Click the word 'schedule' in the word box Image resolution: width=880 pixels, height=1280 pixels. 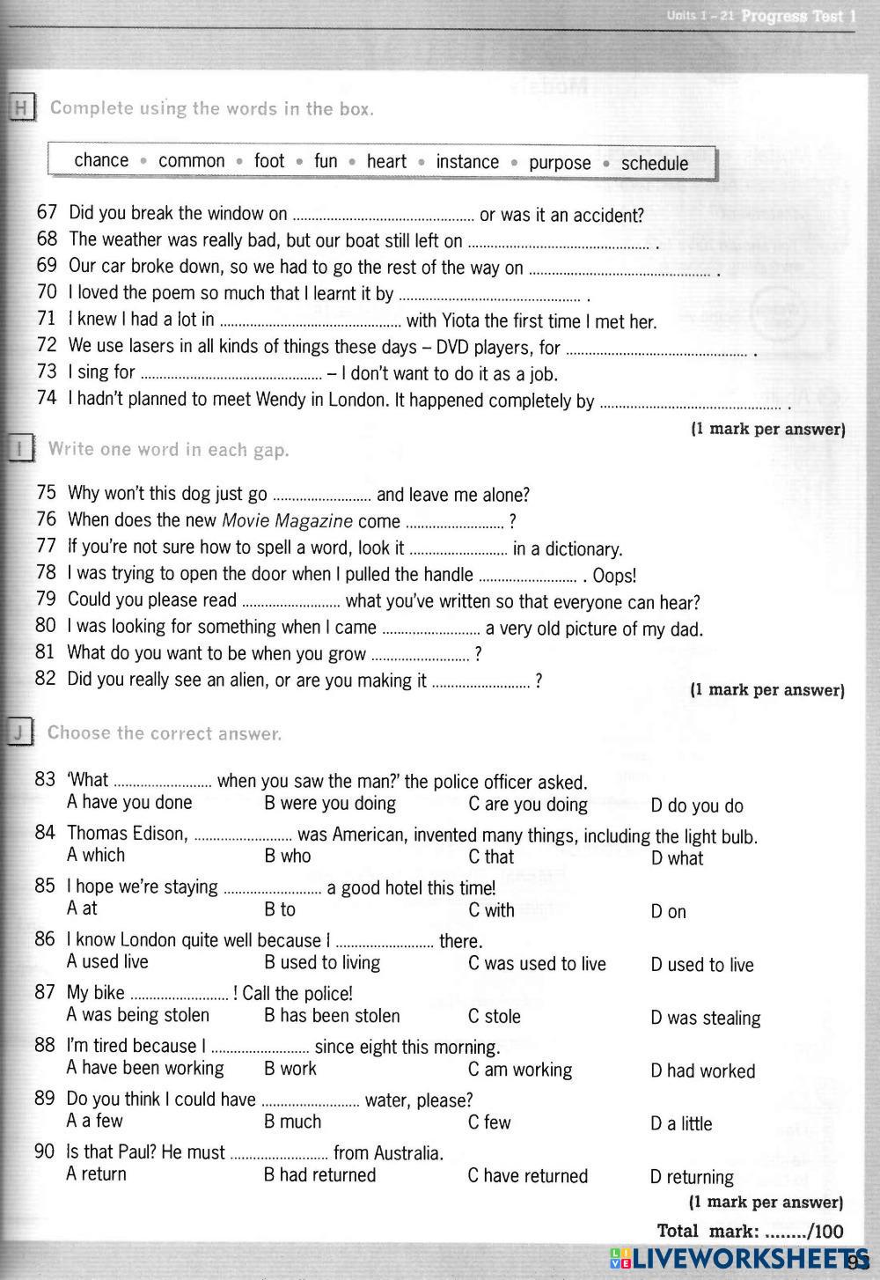[x=655, y=164]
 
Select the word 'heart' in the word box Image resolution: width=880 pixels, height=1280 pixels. [x=386, y=162]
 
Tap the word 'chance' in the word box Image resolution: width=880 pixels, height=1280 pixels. [x=101, y=160]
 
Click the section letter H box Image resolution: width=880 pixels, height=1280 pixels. [x=20, y=108]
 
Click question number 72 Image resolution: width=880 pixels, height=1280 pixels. [x=47, y=345]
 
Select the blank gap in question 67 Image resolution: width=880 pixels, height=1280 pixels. [x=383, y=216]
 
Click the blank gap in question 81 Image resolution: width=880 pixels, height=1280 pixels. [x=420, y=656]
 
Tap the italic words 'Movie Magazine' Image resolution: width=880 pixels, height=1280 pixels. [x=287, y=520]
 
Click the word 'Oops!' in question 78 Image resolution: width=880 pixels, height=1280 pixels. [x=614, y=576]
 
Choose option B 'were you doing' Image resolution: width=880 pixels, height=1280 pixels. [x=329, y=804]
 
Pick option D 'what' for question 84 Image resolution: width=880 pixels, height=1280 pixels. [x=677, y=858]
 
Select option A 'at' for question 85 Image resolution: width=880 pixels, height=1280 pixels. [x=82, y=909]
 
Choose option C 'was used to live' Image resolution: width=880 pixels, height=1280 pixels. [x=537, y=964]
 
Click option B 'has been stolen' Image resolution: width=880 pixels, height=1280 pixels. [x=332, y=1016]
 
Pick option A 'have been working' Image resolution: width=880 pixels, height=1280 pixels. [x=145, y=1069]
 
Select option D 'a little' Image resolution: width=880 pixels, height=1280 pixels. [x=681, y=1124]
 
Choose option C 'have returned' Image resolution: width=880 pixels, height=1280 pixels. [x=527, y=1176]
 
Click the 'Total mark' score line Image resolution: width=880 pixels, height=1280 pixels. [x=750, y=1232]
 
